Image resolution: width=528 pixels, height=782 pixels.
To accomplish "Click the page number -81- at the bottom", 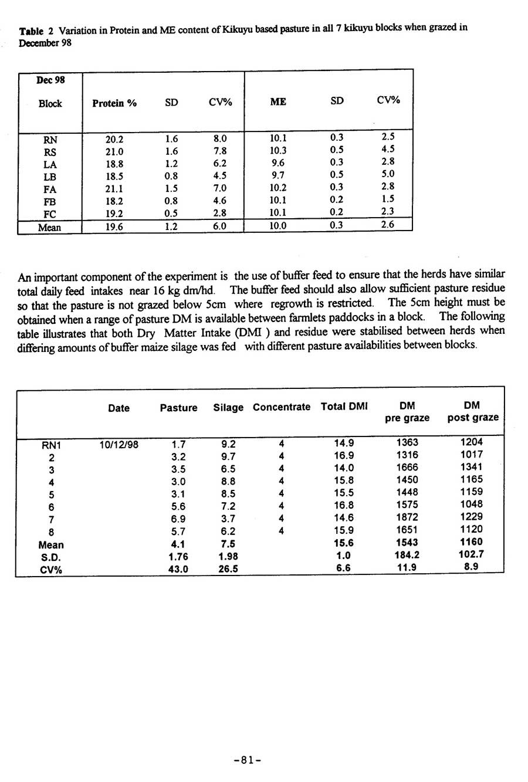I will [x=247, y=760].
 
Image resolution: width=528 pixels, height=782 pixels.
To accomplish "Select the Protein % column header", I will [x=114, y=103].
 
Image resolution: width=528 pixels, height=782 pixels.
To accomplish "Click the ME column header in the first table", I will [x=278, y=101].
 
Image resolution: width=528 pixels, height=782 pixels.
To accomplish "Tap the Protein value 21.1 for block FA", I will [x=114, y=189].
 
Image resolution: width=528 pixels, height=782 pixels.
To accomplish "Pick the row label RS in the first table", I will [x=50, y=152].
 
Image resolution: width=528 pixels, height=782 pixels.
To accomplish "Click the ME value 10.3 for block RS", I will [x=278, y=150].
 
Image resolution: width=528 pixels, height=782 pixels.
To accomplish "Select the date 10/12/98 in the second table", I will [x=119, y=444].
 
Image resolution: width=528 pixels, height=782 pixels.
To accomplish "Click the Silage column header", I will [x=228, y=408].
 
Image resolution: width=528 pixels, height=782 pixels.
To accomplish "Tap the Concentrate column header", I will [x=282, y=407].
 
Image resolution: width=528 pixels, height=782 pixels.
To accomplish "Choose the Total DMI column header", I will [x=344, y=407].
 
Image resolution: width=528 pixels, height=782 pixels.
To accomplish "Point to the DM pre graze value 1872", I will [x=407, y=517].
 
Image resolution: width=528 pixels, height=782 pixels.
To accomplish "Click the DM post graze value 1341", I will [x=472, y=467].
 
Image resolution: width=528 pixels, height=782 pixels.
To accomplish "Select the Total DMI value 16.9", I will [x=343, y=455].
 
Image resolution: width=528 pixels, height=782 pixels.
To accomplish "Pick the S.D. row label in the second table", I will [x=51, y=557].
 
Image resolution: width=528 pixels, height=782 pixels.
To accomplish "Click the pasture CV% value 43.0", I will [x=178, y=569].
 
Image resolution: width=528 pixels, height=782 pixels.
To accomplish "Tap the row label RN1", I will [x=52, y=445].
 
